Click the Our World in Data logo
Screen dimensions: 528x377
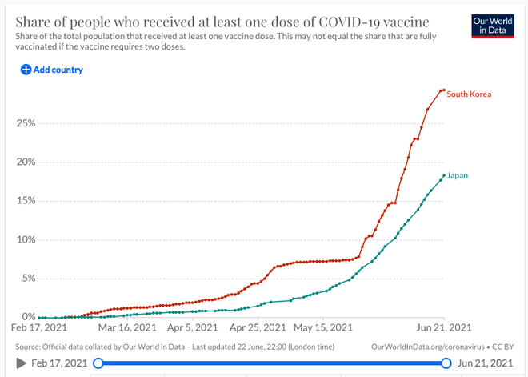point(493,26)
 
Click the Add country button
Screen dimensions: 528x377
point(52,70)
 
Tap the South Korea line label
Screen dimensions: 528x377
point(469,94)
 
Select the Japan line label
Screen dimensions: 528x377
point(458,175)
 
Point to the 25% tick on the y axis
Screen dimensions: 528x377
point(26,123)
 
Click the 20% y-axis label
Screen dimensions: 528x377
point(26,162)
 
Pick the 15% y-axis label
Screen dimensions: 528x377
point(26,201)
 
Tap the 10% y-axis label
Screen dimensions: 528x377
point(26,240)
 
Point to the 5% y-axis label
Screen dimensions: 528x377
point(28,279)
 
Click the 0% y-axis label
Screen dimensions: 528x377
point(29,317)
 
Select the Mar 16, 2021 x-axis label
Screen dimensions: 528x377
point(127,327)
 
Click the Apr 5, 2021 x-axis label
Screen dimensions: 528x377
point(193,327)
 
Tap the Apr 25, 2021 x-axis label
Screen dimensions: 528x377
point(258,327)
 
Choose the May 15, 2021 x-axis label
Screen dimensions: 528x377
point(323,327)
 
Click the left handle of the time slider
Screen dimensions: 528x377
point(98,363)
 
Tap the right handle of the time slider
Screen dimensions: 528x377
point(446,363)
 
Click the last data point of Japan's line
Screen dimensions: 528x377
point(444,175)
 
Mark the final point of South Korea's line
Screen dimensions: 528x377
point(444,90)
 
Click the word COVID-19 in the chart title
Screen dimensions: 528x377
point(349,22)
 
